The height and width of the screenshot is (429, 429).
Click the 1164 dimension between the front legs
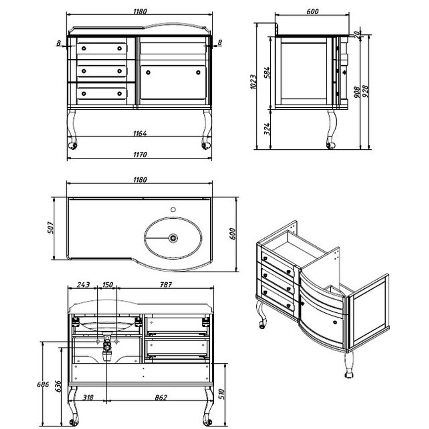[140, 133]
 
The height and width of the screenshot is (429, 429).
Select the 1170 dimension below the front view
[140, 154]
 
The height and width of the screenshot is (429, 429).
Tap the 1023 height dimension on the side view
[254, 82]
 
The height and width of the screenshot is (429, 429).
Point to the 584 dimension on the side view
[267, 73]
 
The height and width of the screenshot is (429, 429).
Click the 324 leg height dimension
[267, 129]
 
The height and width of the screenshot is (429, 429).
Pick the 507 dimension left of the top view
[51, 228]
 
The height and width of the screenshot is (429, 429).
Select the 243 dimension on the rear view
[83, 285]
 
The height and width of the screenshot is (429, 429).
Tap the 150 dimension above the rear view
[107, 285]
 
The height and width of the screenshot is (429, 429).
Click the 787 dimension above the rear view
[166, 285]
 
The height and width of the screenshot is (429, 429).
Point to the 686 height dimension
[43, 384]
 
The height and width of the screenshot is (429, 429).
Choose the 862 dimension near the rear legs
[161, 398]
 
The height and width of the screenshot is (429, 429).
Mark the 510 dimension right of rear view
[222, 394]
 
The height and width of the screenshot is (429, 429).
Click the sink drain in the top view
[173, 238]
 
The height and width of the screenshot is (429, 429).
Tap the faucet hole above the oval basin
[173, 210]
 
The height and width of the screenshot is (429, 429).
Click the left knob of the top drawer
[84, 48]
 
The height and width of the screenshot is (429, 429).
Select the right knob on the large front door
[198, 73]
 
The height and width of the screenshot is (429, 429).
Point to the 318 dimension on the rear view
[88, 398]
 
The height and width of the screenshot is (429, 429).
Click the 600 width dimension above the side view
[312, 12]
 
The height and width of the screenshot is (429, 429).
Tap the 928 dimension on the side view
[366, 91]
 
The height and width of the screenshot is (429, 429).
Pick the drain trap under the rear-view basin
[107, 347]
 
